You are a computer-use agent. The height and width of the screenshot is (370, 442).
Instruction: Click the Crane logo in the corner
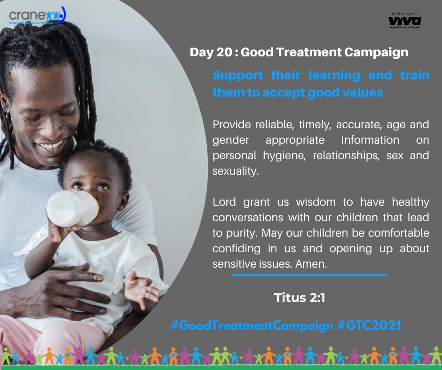[37, 17]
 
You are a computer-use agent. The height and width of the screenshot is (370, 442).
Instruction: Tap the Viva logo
[405, 21]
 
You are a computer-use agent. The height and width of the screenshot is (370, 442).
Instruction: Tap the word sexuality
[236, 171]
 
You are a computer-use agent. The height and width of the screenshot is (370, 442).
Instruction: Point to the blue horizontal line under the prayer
[309, 275]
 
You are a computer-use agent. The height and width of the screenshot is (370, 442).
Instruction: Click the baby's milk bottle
[71, 207]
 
